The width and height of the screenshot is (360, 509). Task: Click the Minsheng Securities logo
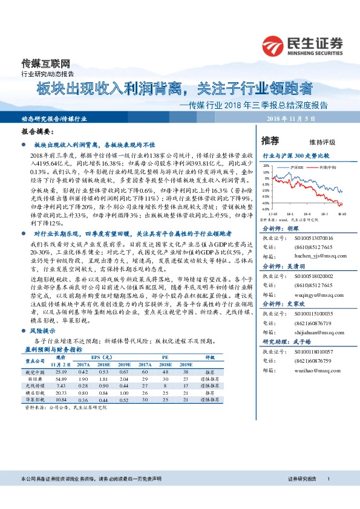pos(302,45)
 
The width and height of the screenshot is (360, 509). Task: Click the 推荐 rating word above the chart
pos(270,141)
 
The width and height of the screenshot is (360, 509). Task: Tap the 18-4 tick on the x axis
pos(306,213)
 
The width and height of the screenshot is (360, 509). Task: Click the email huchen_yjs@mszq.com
pos(314,256)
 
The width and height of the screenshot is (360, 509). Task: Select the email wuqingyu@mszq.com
pos(314,297)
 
